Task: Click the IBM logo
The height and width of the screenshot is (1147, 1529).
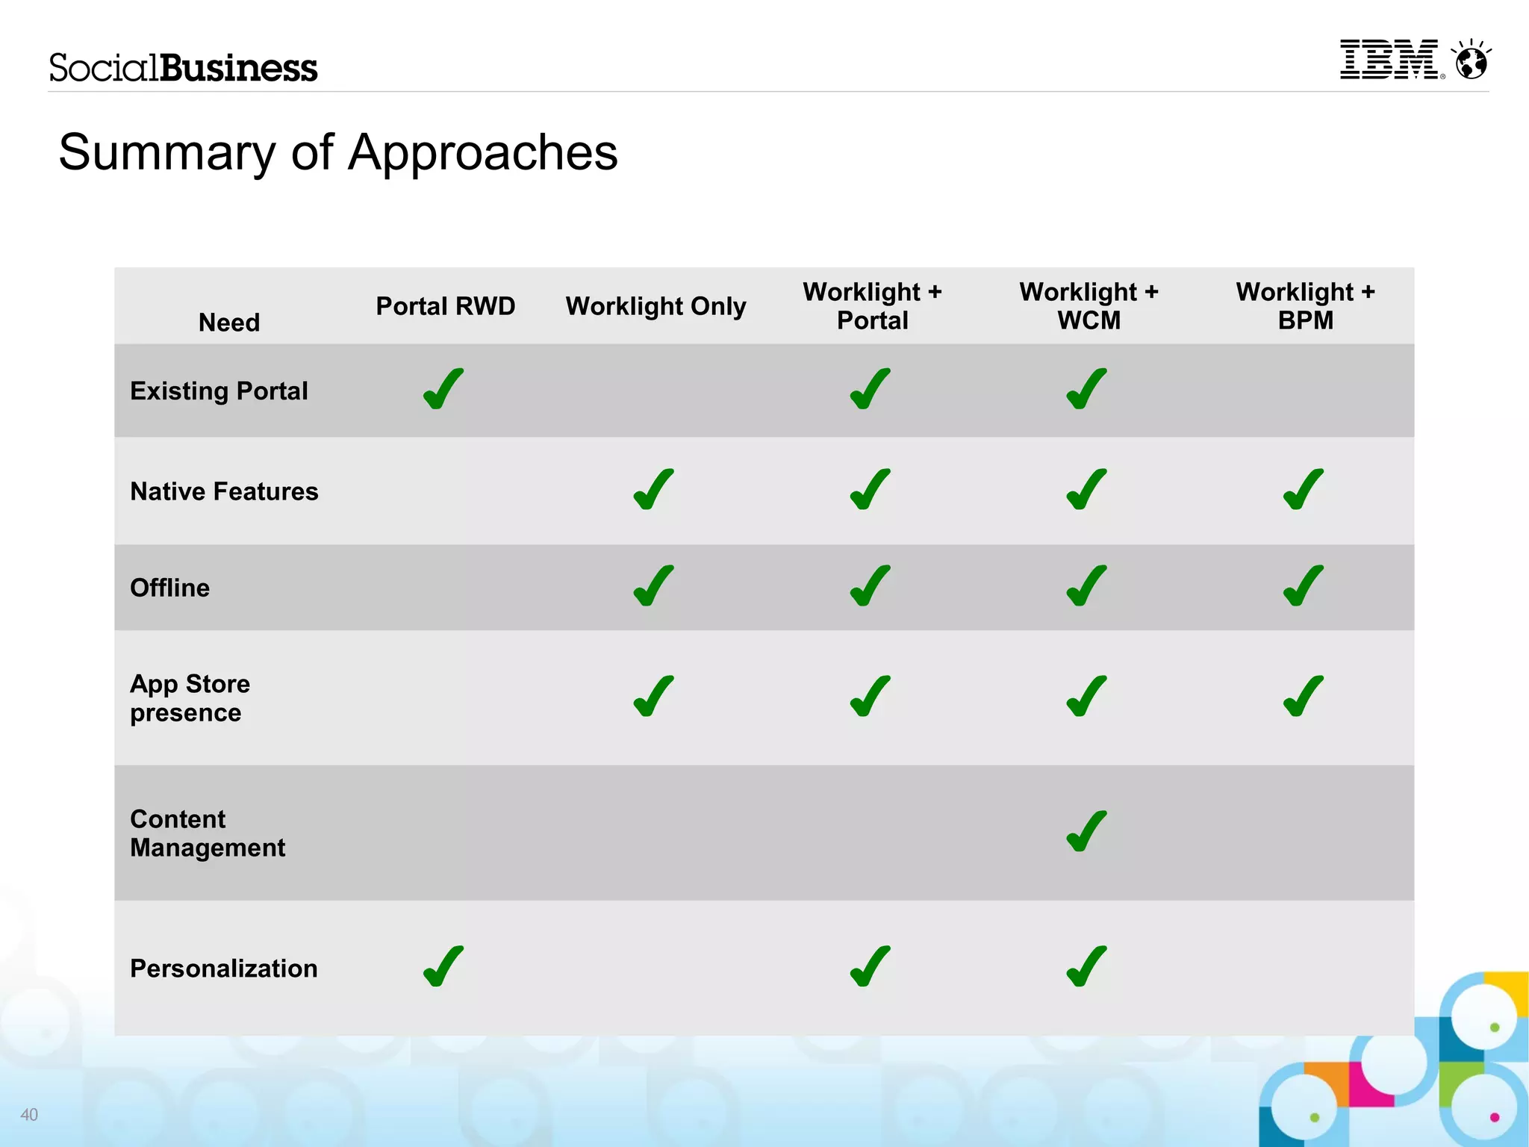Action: (1390, 60)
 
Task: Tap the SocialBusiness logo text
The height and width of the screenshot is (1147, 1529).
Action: (183, 67)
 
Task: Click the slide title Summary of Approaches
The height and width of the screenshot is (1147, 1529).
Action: (338, 152)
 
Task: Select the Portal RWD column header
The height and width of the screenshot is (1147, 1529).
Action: (445, 306)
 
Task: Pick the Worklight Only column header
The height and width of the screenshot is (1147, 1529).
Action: (655, 306)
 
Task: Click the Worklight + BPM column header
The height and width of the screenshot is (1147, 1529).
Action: (1305, 305)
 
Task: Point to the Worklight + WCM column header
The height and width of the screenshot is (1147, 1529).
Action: (1089, 305)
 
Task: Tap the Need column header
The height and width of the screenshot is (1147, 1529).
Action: (229, 323)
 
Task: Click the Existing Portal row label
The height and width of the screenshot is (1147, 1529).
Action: (219, 391)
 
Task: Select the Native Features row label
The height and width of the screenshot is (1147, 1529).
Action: (224, 491)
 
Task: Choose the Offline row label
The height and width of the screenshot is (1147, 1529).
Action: (170, 588)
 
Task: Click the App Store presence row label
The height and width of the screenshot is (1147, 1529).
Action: (190, 698)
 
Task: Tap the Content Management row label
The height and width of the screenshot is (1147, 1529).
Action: (208, 833)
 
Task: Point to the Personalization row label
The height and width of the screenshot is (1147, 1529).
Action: (224, 969)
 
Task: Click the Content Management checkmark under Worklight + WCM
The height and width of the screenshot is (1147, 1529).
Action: (1086, 831)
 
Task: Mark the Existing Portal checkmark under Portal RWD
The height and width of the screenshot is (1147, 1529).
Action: (443, 389)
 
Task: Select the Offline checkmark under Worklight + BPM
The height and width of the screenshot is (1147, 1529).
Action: (1304, 585)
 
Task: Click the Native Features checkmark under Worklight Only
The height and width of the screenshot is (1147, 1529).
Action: (654, 490)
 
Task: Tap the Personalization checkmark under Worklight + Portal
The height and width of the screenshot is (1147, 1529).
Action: (871, 966)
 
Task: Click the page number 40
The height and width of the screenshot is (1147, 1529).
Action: (29, 1115)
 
